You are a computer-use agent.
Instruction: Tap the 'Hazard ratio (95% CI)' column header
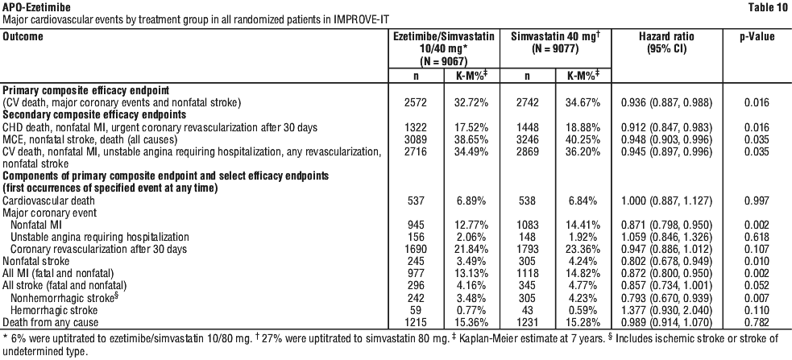666,43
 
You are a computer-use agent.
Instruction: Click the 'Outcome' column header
23,37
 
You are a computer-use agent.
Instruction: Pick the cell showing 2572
417,103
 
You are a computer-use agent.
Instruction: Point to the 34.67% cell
583,103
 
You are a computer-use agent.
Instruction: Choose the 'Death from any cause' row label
51,322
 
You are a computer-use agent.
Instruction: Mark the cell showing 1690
417,249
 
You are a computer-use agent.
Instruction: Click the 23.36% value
583,249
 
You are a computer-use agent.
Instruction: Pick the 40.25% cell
583,139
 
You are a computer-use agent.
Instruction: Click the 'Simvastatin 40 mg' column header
555,43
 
